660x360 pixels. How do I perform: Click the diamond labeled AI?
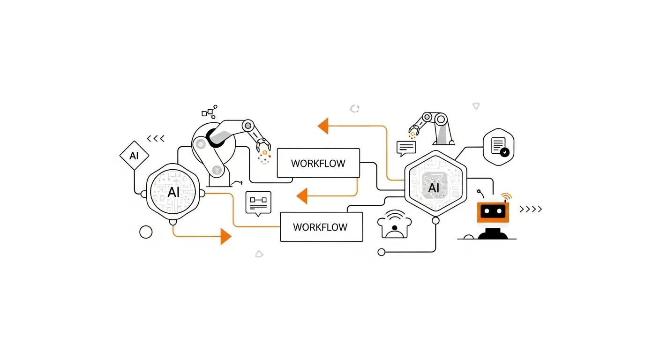(x=135, y=155)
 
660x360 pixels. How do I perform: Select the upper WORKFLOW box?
(x=318, y=163)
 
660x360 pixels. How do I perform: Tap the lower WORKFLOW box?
(x=321, y=227)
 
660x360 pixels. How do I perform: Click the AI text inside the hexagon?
(x=434, y=188)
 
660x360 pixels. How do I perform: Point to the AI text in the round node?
(x=173, y=192)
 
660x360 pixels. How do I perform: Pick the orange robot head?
(x=493, y=212)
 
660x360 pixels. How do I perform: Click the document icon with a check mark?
(x=499, y=147)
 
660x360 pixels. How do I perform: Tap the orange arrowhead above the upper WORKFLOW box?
(x=323, y=126)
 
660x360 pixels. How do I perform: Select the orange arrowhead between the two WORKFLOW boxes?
(x=302, y=195)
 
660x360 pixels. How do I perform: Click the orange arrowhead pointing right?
(x=226, y=236)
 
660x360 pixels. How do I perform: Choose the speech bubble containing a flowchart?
(x=258, y=202)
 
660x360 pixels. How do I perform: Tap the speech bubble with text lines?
(x=406, y=148)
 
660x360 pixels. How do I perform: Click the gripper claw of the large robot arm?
(x=263, y=145)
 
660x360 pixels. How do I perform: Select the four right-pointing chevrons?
(x=531, y=209)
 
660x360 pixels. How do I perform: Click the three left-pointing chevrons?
(x=156, y=139)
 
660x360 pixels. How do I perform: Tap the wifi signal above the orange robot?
(x=506, y=196)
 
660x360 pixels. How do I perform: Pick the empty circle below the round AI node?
(x=146, y=232)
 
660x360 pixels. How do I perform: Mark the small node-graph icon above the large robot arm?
(x=209, y=111)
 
